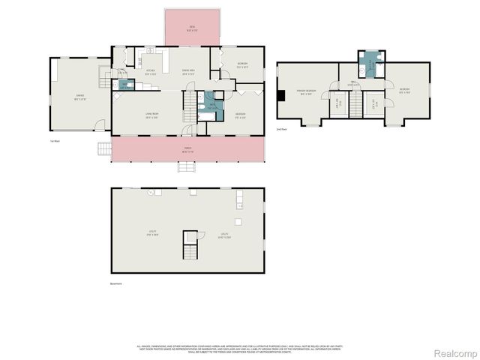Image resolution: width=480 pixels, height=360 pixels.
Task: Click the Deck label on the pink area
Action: pyautogui.click(x=192, y=28)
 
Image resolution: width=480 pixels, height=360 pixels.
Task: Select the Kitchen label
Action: pyautogui.click(x=150, y=73)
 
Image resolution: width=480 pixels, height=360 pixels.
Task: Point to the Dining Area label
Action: pyautogui.click(x=188, y=73)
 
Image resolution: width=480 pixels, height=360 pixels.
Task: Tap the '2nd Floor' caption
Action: pyautogui.click(x=282, y=130)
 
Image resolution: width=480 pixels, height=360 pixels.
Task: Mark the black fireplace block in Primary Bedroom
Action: pyautogui.click(x=281, y=95)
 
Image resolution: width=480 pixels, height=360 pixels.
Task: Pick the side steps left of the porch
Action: pyautogui.click(x=103, y=148)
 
